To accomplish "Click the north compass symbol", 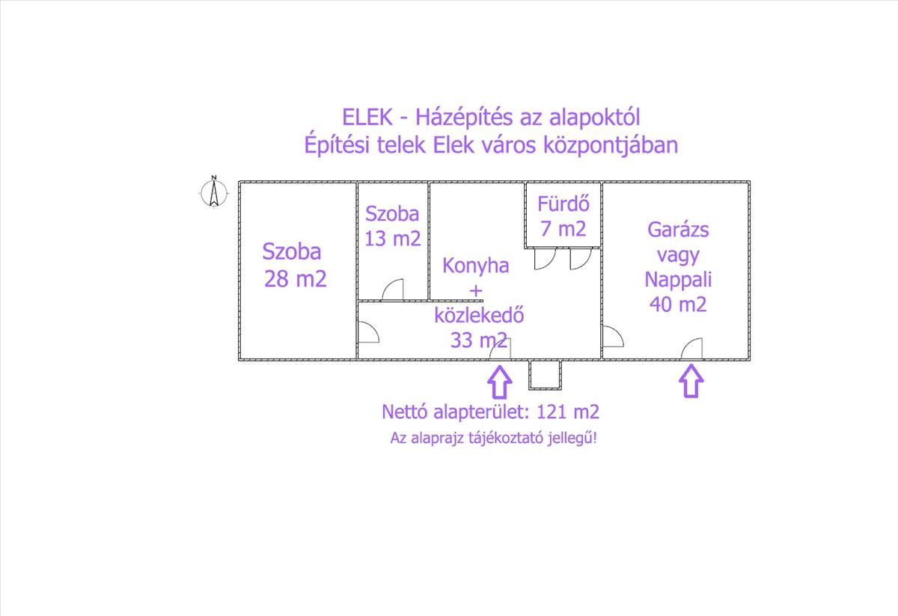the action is coord(214,192).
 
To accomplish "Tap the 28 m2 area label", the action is coord(296,278).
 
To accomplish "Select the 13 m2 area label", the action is coord(392,239).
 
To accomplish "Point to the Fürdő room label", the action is coord(563,204).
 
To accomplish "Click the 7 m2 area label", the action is coord(563,228).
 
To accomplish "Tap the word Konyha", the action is coord(475,266).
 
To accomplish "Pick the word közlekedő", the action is coord(479,315).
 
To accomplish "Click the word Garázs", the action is coord(678,229).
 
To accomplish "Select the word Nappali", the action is coord(678,279).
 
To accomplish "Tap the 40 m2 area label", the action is coord(678,304).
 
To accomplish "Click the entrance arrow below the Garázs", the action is coord(691,381).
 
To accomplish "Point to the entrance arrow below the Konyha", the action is coord(500,382).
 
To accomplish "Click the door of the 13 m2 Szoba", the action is coord(393,290).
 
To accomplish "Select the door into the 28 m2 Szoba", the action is coord(368,332).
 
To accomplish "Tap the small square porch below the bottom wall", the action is coord(545,375).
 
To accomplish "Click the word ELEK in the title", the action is coord(367,118).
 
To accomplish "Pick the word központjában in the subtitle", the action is coord(611,145).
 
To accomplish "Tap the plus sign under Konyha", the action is coord(476,290).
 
